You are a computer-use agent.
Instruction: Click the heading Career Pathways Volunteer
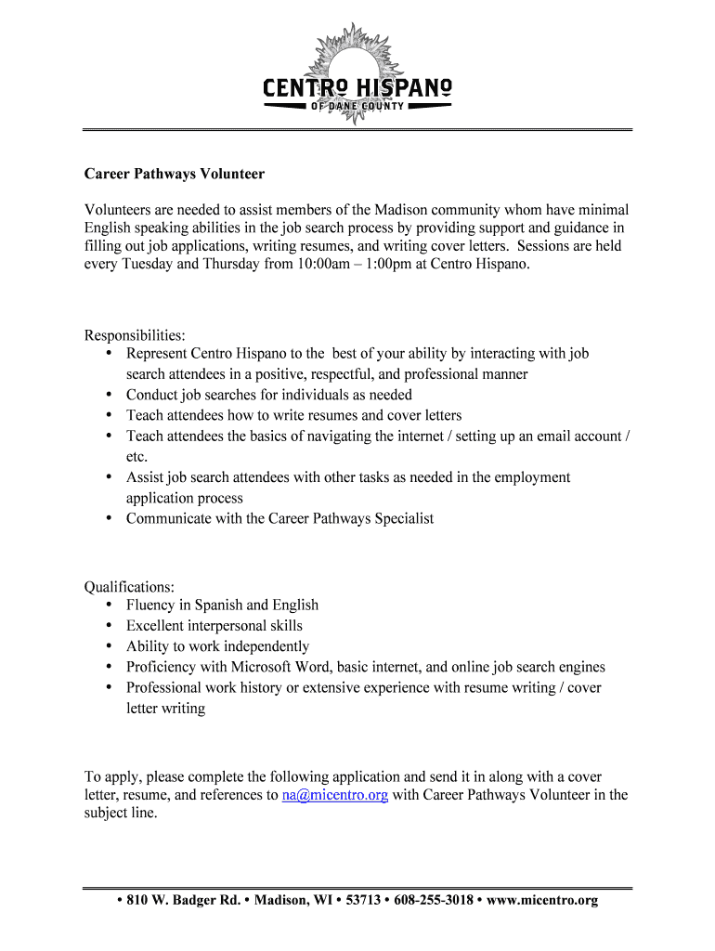[x=175, y=174]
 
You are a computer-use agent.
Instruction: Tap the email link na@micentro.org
[x=334, y=795]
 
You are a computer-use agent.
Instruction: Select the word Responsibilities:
[x=135, y=334]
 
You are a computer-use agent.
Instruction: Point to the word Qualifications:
[x=129, y=587]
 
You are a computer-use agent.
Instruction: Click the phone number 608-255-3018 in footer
[x=434, y=901]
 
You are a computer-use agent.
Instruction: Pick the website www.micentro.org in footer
[x=542, y=901]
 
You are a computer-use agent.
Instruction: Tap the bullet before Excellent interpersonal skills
[x=109, y=625]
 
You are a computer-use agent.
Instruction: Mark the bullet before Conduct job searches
[x=109, y=394]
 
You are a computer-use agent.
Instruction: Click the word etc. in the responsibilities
[x=137, y=457]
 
